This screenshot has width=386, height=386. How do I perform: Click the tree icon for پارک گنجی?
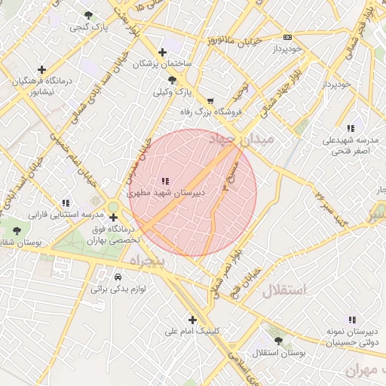89,15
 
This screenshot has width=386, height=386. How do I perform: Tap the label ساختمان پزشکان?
162,64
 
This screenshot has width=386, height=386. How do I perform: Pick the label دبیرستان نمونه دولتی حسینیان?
351,335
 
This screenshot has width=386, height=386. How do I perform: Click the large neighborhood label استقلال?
285,290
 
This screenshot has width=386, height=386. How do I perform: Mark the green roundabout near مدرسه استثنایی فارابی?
113,207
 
